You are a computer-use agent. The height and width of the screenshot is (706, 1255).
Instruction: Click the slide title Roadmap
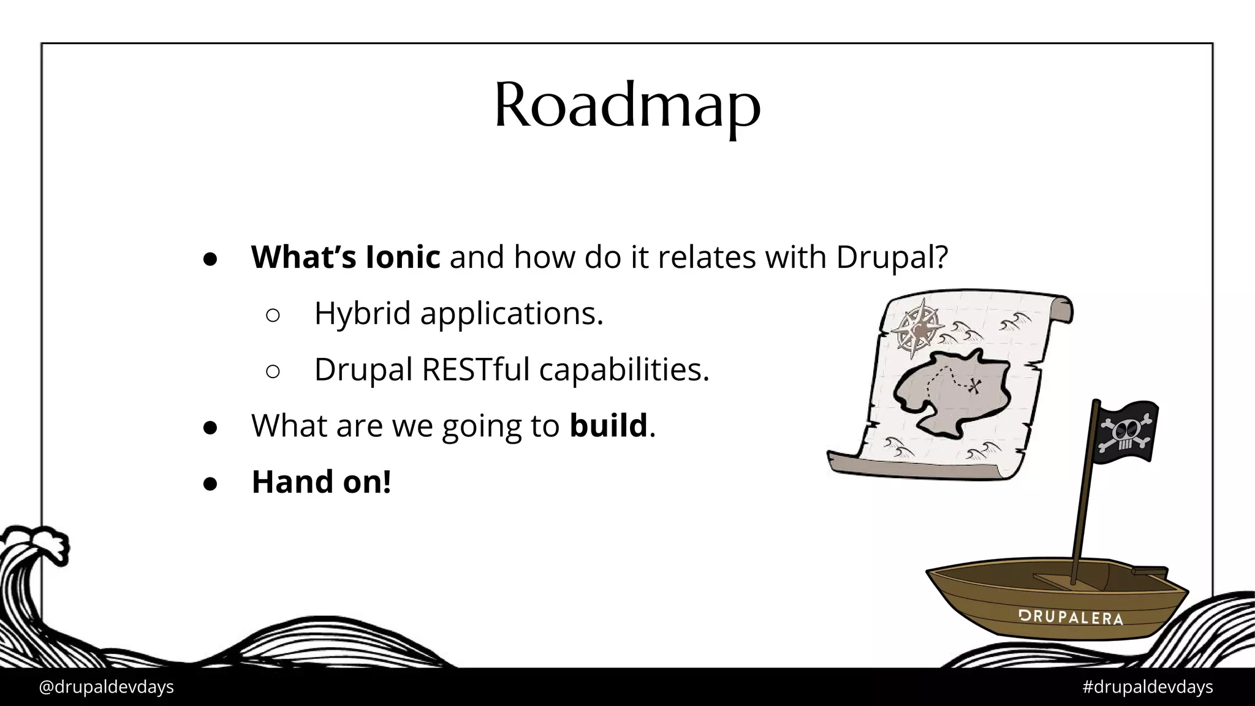click(x=627, y=105)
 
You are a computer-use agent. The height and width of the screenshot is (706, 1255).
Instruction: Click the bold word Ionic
click(x=403, y=256)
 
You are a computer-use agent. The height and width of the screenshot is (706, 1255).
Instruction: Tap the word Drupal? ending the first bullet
click(x=892, y=256)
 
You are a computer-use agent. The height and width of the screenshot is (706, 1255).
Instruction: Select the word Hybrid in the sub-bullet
click(x=362, y=313)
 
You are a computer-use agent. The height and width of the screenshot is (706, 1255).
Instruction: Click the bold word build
click(x=608, y=425)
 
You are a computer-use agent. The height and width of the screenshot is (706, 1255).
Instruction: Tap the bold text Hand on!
click(x=321, y=482)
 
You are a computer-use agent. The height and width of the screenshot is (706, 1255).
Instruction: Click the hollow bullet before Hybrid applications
click(x=273, y=315)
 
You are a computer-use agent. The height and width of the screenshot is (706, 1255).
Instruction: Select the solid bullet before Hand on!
click(x=210, y=484)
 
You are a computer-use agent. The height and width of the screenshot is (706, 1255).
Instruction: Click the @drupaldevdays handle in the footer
click(x=106, y=687)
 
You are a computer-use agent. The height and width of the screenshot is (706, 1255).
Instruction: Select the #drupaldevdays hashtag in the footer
click(x=1147, y=687)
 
